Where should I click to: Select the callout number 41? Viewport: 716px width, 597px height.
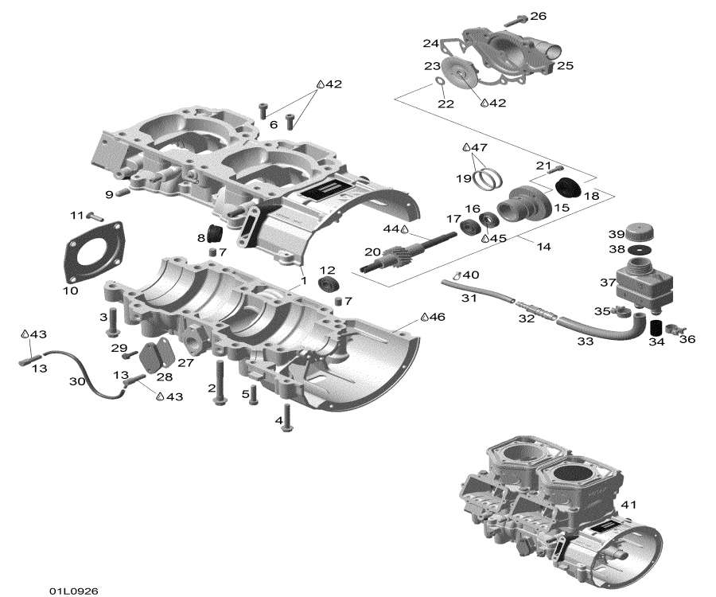coord(628,504)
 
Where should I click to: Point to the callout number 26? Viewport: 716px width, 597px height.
coord(538,16)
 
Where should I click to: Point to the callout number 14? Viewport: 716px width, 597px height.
coord(543,247)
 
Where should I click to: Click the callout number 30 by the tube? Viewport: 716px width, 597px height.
coord(77,381)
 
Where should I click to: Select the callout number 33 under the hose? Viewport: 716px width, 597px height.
coord(585,341)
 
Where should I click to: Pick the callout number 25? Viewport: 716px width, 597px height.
coord(565,65)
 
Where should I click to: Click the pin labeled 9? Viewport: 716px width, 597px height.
coord(123,192)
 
